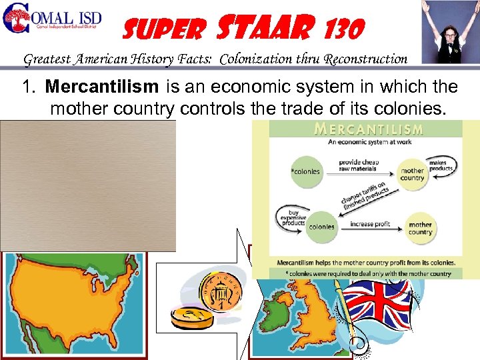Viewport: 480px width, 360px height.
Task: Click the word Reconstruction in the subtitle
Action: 366,59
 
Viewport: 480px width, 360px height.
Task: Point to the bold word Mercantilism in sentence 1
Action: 101,87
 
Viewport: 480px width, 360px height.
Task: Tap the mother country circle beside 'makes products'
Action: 412,174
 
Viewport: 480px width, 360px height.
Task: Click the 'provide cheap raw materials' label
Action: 360,165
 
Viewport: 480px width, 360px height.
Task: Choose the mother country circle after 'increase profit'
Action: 420,229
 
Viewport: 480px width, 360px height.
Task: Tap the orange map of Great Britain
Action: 300,313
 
